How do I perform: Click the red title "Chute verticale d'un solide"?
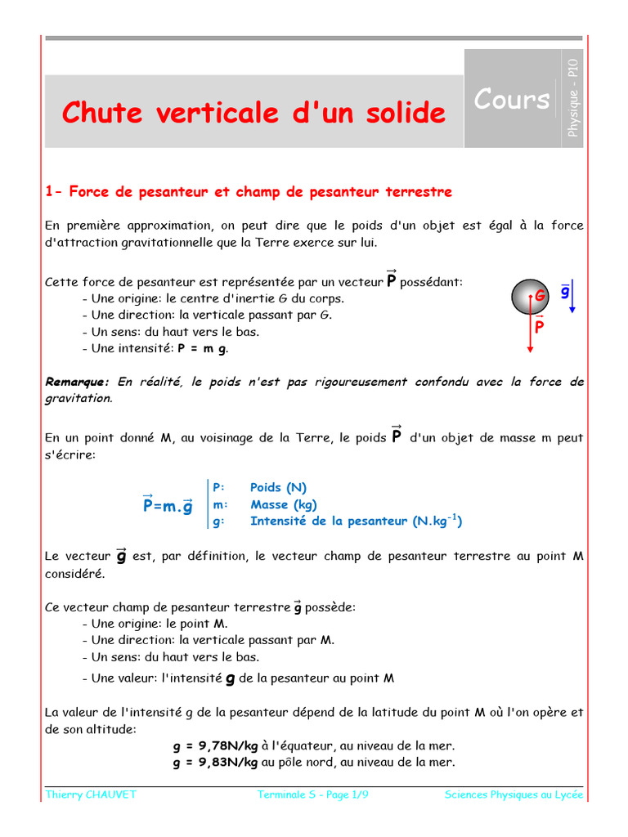click(254, 112)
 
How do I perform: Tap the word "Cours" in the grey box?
click(512, 99)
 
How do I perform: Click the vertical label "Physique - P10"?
click(573, 98)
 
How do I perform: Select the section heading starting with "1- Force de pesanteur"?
click(249, 192)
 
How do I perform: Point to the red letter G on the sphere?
click(540, 295)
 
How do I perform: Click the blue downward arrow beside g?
click(573, 298)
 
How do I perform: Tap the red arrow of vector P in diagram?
click(531, 327)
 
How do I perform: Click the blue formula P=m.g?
click(168, 506)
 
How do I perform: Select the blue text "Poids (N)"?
click(278, 488)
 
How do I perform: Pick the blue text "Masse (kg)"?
click(283, 504)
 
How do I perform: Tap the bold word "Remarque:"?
click(77, 382)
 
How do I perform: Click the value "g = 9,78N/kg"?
click(216, 745)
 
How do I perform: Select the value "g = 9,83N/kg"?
click(216, 763)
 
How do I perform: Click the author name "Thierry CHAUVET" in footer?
click(91, 795)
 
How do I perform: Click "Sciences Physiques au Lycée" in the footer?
click(514, 795)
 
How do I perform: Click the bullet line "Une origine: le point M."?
click(155, 624)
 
